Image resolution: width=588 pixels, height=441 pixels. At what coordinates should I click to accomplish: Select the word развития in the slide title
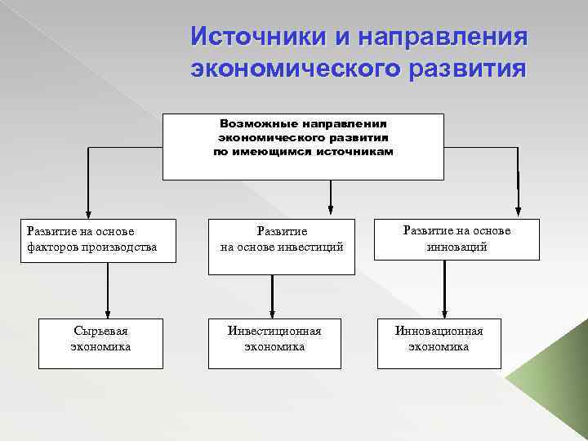click(471, 68)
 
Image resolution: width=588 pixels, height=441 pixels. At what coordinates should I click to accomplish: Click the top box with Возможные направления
click(303, 147)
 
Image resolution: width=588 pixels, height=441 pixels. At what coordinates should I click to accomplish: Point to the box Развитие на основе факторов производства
click(97, 240)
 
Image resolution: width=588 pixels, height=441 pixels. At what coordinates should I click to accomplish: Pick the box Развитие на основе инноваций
click(457, 238)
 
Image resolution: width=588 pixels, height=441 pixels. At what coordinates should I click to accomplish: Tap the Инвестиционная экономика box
click(274, 339)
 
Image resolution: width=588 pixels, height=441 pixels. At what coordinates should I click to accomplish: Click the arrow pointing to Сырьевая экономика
click(107, 290)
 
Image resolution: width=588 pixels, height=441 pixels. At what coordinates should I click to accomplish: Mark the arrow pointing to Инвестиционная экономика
click(272, 294)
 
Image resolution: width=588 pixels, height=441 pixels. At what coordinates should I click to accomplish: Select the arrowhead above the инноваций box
click(518, 207)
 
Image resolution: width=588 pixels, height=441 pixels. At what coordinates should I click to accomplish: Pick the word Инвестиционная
click(274, 331)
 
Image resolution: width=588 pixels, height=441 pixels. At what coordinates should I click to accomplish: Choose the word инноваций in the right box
click(457, 247)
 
